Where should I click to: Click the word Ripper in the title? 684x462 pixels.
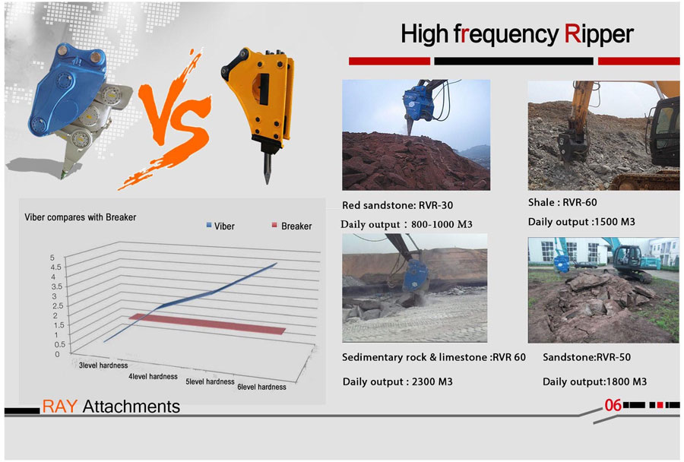tap(599, 35)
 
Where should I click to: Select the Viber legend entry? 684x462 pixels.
tap(220, 226)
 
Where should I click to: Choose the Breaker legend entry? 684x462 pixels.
tap(292, 226)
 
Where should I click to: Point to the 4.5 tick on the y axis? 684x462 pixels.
tap(56, 267)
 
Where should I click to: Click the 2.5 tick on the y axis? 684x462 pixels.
tap(58, 305)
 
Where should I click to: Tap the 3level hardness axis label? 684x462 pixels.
tap(103, 365)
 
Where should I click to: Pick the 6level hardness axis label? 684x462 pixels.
tap(261, 387)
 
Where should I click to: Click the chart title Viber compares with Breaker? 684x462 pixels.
tap(81, 217)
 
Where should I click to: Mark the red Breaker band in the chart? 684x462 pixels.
tap(207, 324)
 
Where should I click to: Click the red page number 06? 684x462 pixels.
tap(613, 405)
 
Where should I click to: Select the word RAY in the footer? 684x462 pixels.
tap(60, 407)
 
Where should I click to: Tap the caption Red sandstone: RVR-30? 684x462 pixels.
tap(397, 205)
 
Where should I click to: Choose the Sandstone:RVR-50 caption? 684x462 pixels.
tap(587, 357)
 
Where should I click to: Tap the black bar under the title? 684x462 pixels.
tap(514, 61)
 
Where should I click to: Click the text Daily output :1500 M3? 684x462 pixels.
tap(581, 222)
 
